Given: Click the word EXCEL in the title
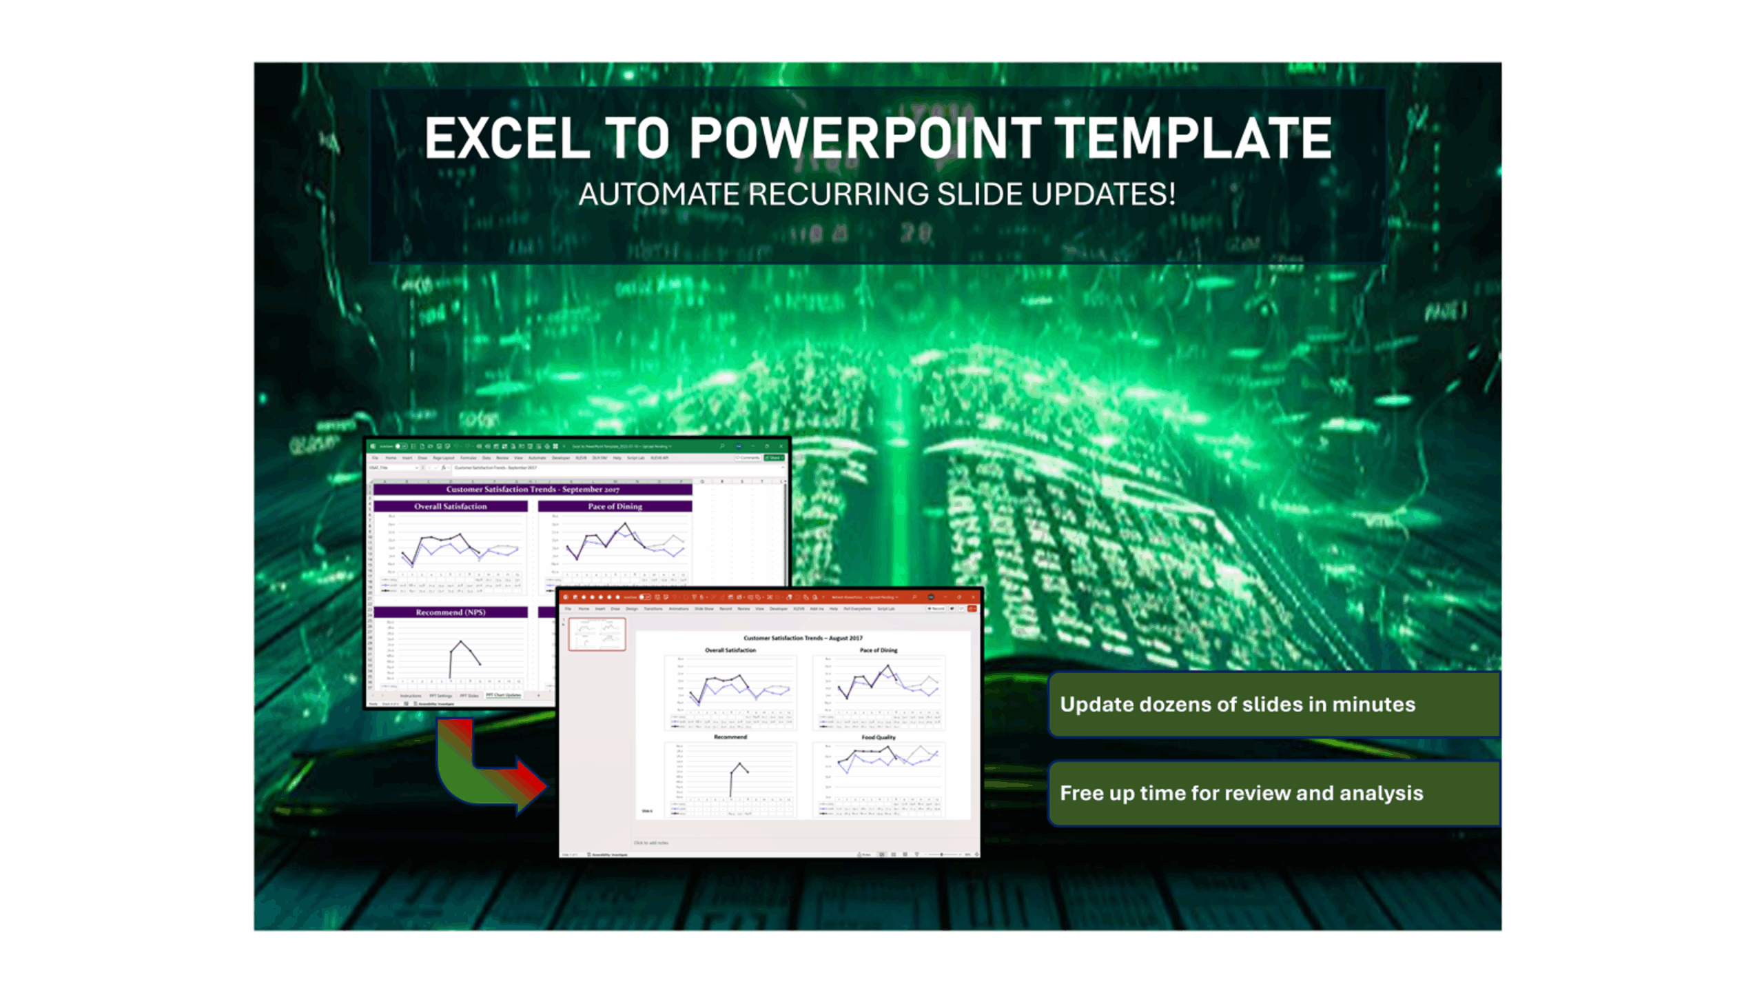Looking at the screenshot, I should click(x=506, y=139).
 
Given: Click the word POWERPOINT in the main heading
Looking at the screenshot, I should click(x=865, y=139).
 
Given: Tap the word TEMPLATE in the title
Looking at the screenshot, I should click(x=1193, y=139).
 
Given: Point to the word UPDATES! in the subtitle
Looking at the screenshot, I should click(x=1103, y=194).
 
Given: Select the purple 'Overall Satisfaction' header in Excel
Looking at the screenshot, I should click(x=450, y=506).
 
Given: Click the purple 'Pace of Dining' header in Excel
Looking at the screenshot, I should click(x=615, y=506).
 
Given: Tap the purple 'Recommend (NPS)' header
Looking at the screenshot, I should click(x=450, y=612).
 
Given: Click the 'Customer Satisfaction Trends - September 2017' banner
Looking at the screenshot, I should click(x=532, y=489).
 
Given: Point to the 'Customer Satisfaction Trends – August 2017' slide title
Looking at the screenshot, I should click(x=803, y=638).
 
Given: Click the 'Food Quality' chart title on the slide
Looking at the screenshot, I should click(x=879, y=737).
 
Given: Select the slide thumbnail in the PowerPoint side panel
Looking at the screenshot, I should click(x=597, y=634).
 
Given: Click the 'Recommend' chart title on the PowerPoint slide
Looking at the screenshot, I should click(x=730, y=737).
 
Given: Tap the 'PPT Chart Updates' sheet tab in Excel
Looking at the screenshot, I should click(x=503, y=695).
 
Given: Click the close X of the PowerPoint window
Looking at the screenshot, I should click(x=972, y=597).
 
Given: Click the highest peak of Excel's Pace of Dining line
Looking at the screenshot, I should click(x=626, y=524).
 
